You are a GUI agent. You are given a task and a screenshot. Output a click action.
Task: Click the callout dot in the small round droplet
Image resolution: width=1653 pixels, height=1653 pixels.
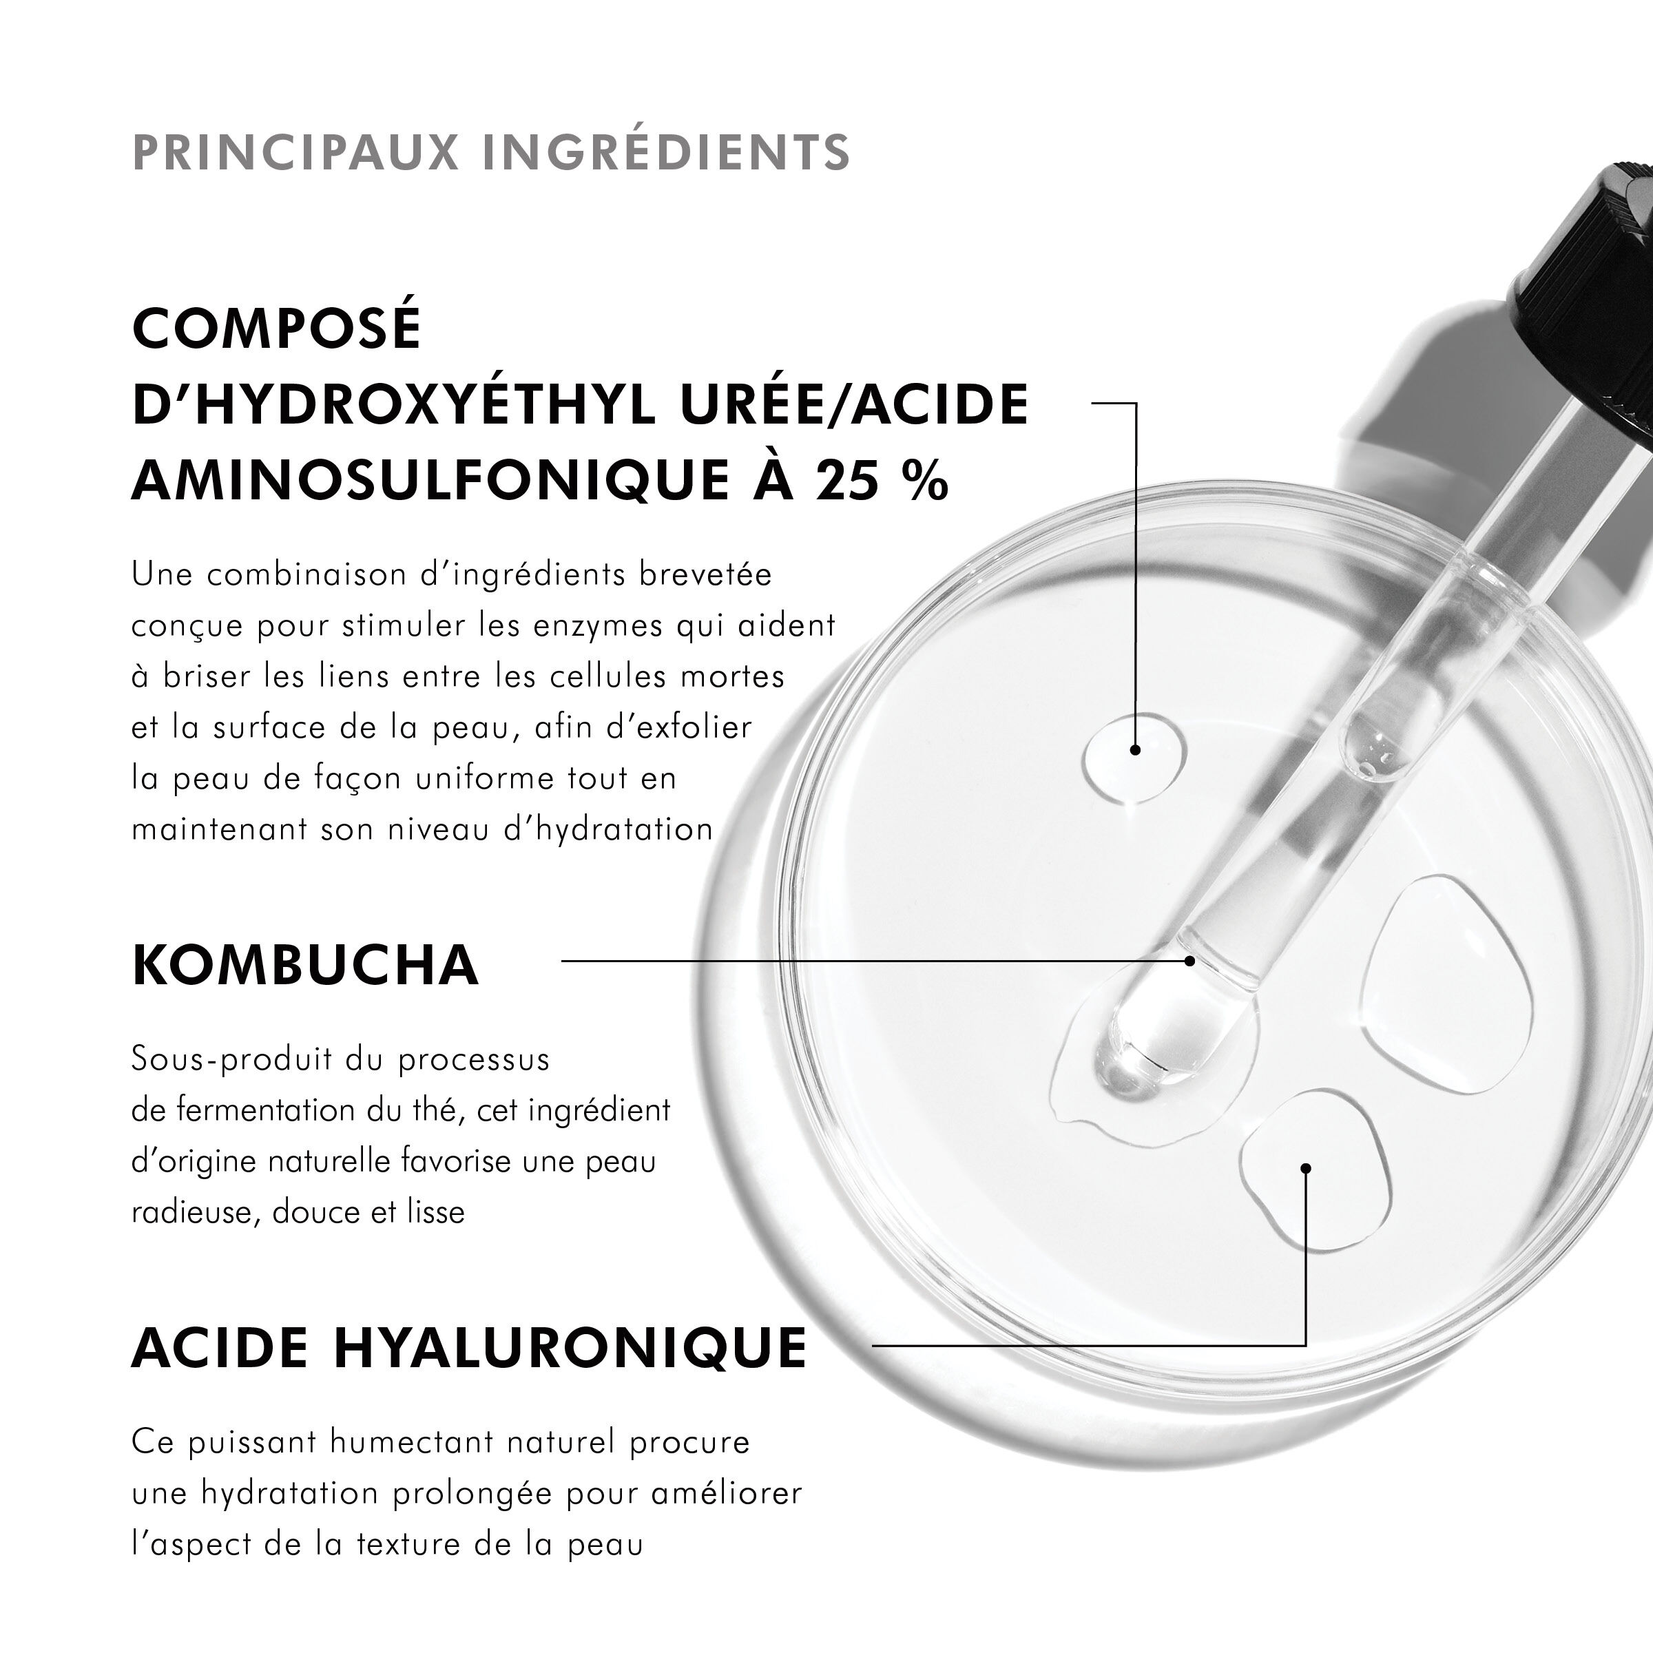[1134, 749]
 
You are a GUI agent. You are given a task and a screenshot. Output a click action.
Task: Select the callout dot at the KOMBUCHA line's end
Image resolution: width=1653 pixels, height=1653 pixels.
[1189, 961]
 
